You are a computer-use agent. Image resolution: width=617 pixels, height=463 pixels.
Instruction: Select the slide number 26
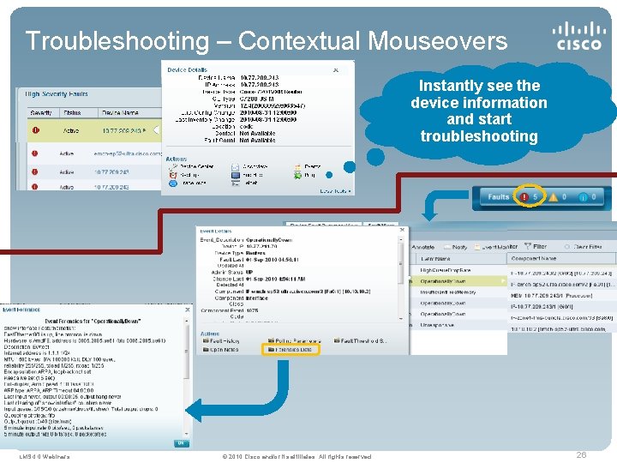pyautogui.click(x=581, y=454)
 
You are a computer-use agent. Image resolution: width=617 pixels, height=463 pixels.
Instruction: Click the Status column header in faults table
pyautogui.click(x=72, y=112)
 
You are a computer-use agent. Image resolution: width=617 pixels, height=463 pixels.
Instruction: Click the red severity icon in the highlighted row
pyautogui.click(x=36, y=131)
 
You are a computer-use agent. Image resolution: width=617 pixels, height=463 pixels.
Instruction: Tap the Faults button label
pyautogui.click(x=499, y=197)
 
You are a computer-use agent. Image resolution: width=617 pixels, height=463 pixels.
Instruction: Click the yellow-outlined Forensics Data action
pyautogui.click(x=297, y=349)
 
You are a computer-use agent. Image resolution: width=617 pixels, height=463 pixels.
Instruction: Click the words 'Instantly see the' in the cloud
pyautogui.click(x=479, y=86)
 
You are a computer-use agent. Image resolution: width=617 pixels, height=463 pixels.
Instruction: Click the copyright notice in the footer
pyautogui.click(x=297, y=456)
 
